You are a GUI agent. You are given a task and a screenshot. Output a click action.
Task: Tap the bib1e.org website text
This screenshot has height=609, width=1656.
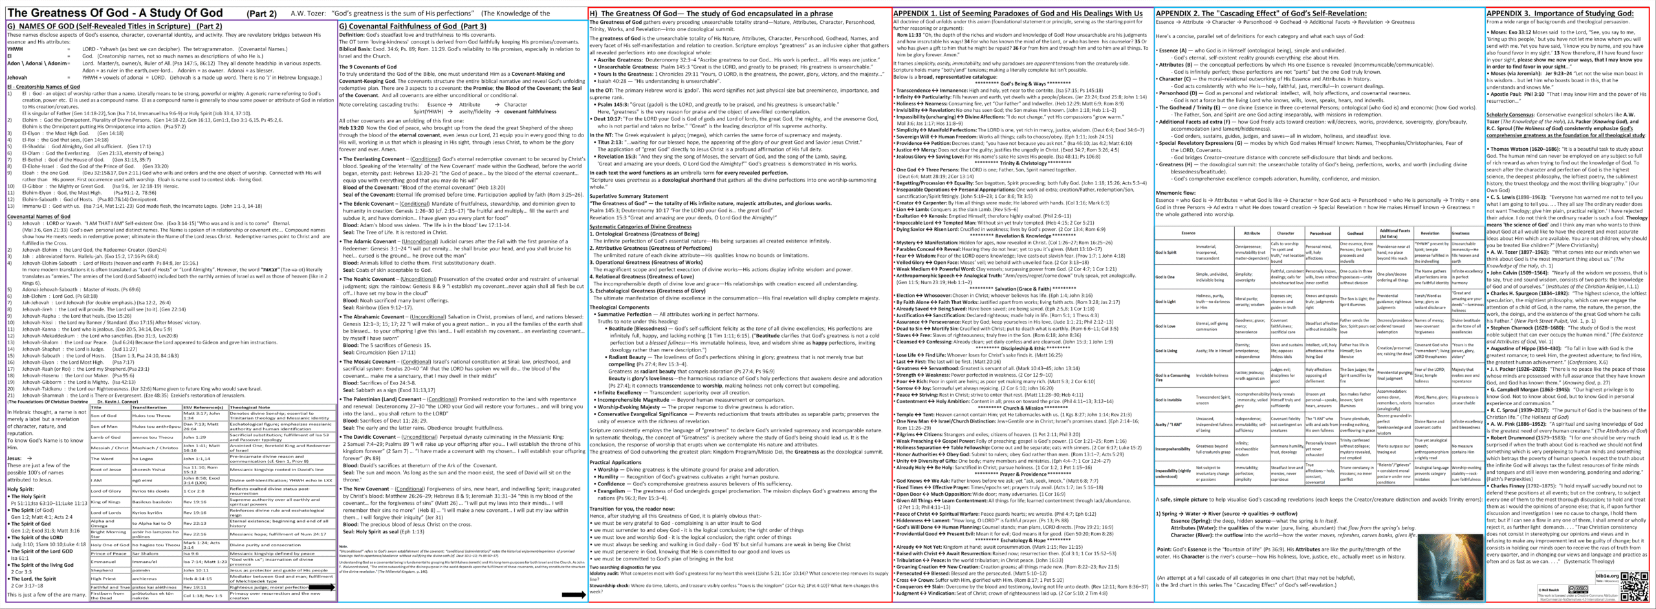point(1601,575)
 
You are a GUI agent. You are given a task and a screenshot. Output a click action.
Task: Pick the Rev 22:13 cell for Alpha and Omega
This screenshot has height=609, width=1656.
point(195,523)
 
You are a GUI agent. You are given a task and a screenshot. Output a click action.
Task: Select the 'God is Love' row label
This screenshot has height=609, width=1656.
point(1166,326)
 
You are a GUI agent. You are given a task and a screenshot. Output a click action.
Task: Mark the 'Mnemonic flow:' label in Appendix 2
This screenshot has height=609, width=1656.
point(1175,192)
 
